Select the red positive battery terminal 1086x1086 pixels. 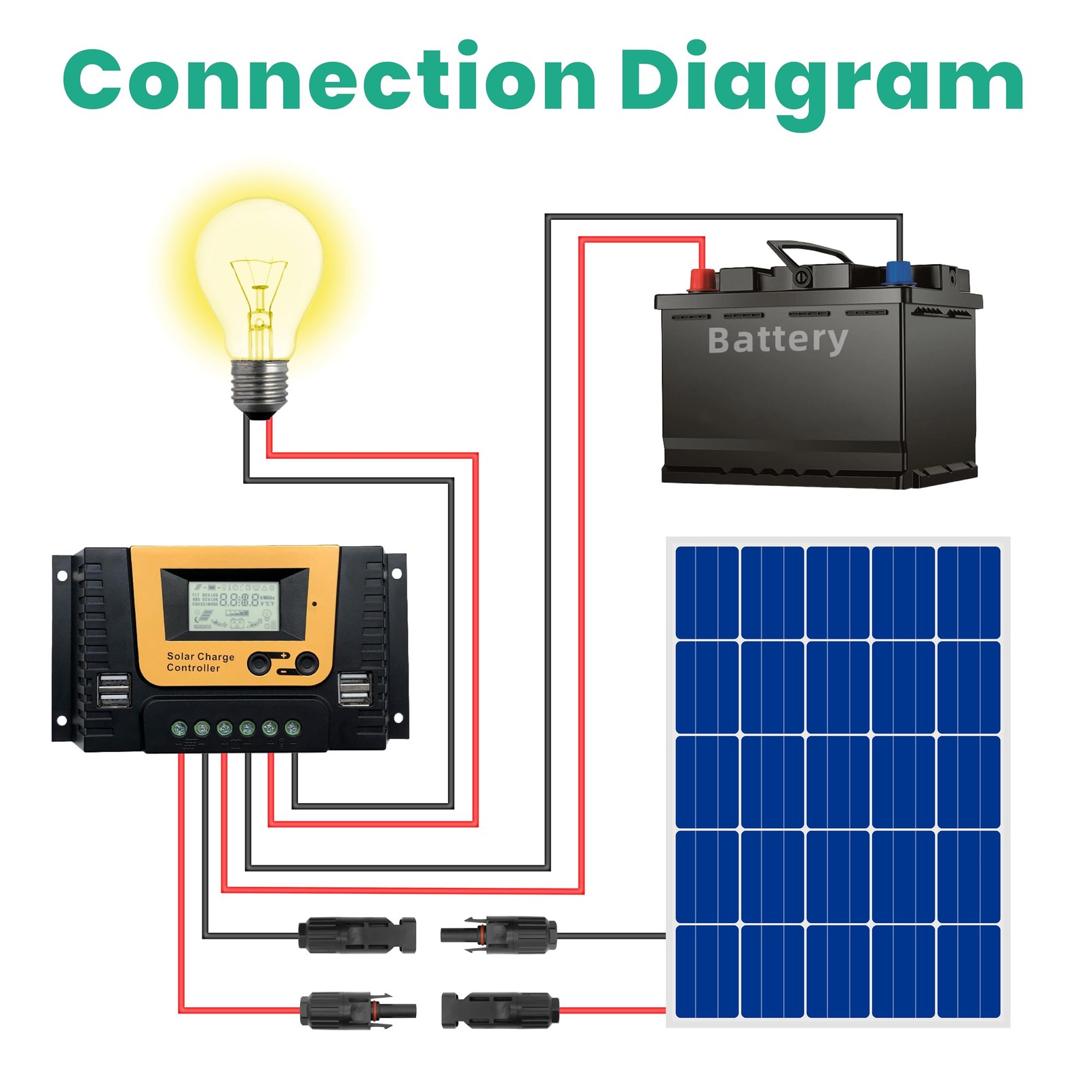click(x=703, y=278)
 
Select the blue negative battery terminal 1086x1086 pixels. click(x=899, y=273)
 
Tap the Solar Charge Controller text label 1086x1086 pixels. click(x=200, y=662)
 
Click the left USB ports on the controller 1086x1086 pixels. click(x=114, y=690)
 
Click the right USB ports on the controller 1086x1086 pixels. click(x=355, y=688)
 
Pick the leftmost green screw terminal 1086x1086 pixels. click(x=179, y=729)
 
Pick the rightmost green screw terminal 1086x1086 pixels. click(x=293, y=728)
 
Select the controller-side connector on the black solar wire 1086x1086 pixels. click(x=356, y=935)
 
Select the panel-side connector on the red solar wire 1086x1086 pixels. click(x=500, y=1010)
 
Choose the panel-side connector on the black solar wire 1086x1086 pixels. click(x=500, y=935)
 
